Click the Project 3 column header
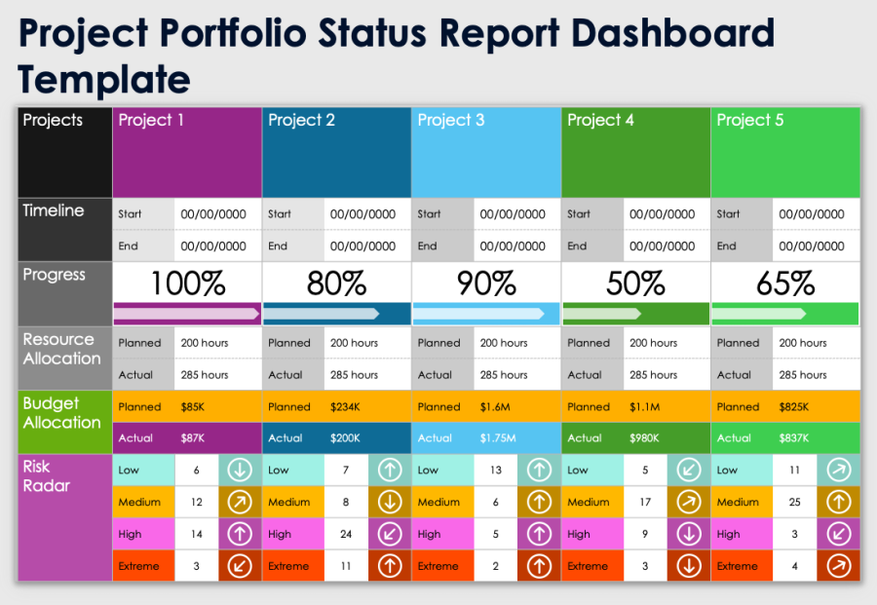pyautogui.click(x=485, y=152)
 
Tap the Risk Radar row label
pyautogui.click(x=47, y=476)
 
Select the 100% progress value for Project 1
pyautogui.click(x=188, y=284)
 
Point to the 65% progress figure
pyautogui.click(x=785, y=284)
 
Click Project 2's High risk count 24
pyautogui.click(x=346, y=534)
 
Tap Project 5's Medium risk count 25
pyautogui.click(x=795, y=503)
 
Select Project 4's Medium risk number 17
pyautogui.click(x=645, y=503)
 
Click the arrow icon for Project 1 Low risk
pyautogui.click(x=240, y=471)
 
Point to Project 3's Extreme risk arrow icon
pyautogui.click(x=539, y=566)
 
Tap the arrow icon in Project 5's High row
pyautogui.click(x=838, y=534)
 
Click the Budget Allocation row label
pyautogui.click(x=62, y=413)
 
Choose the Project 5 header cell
pyautogui.click(x=784, y=152)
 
